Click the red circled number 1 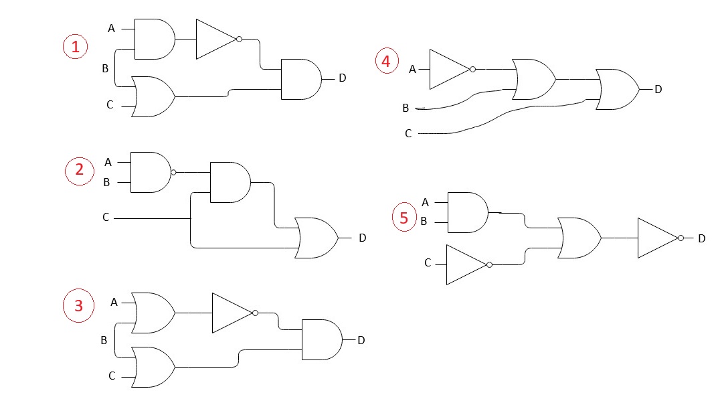pos(75,46)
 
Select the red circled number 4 pos(385,62)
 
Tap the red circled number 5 pos(403,218)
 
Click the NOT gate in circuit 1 pos(216,39)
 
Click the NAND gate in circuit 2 pos(150,172)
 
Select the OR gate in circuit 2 pos(317,238)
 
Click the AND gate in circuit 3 pos(322,339)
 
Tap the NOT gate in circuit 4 pos(449,69)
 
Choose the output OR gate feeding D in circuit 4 pos(617,89)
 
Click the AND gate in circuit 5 pos(467,212)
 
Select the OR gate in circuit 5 pos(579,238)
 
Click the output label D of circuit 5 pos(701,238)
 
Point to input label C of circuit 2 pos(106,218)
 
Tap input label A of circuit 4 pos(412,69)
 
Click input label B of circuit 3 pos(104,340)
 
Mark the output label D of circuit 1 pos(343,78)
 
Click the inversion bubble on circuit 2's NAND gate pos(173,172)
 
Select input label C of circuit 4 pos(408,134)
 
